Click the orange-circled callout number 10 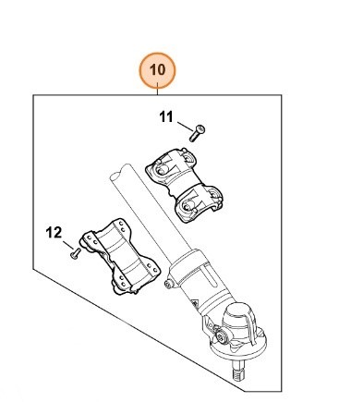click(x=157, y=70)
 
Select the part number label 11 click(x=166, y=117)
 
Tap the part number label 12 click(x=54, y=233)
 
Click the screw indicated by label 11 click(x=197, y=133)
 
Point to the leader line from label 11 click(x=186, y=127)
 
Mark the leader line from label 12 click(x=68, y=245)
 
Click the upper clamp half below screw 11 click(x=184, y=184)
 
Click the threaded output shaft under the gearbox click(x=239, y=371)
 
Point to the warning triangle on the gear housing click(x=195, y=304)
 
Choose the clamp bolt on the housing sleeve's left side click(x=168, y=285)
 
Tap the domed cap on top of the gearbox click(x=240, y=317)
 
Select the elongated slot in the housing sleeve click(x=210, y=273)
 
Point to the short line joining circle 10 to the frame click(x=157, y=91)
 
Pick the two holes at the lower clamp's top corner click(x=122, y=226)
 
